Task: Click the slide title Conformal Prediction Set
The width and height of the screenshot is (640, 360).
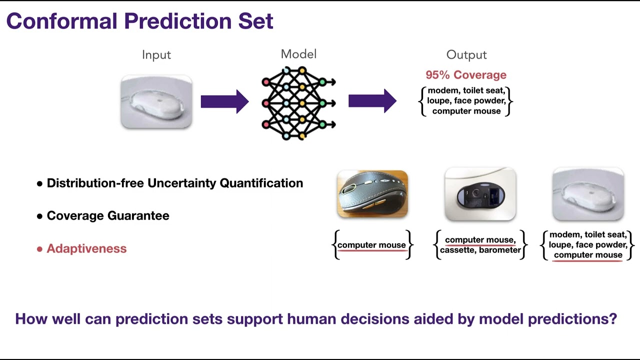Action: [139, 21]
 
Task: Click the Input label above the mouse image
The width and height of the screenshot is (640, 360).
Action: [156, 55]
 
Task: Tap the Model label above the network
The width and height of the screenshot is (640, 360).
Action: [298, 54]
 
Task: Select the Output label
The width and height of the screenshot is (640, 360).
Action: [466, 55]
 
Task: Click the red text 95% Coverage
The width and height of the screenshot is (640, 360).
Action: [466, 75]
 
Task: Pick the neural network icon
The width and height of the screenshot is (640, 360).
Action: [298, 103]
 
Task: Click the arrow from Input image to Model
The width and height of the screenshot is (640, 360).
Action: [224, 102]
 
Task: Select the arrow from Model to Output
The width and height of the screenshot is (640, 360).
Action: [372, 102]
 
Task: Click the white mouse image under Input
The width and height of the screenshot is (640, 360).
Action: [156, 102]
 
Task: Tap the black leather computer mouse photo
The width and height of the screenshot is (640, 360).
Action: [372, 194]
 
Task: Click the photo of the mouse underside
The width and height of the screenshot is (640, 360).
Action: [480, 194]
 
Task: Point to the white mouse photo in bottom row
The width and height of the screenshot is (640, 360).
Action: [588, 194]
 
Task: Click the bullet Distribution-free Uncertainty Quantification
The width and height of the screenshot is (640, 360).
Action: [174, 183]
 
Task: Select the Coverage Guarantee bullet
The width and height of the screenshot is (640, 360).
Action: [107, 215]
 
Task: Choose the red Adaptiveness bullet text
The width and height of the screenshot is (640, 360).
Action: [86, 248]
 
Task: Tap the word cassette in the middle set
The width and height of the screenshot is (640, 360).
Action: [457, 250]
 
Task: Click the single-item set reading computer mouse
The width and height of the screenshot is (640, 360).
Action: [371, 245]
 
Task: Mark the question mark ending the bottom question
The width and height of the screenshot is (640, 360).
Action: [613, 319]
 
